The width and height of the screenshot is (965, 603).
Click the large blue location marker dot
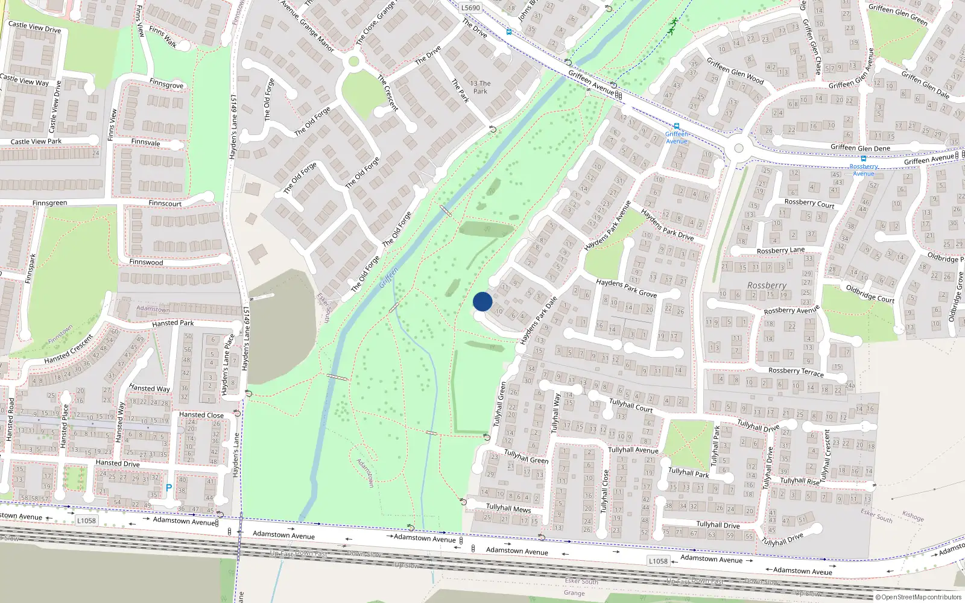pyautogui.click(x=482, y=301)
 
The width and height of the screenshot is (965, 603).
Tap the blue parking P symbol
pyautogui.click(x=169, y=487)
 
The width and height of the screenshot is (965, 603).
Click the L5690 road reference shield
pyautogui.click(x=470, y=8)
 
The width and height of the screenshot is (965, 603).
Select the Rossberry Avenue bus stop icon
pyautogui.click(x=864, y=159)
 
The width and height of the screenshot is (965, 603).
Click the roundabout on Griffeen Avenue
pyautogui.click(x=738, y=149)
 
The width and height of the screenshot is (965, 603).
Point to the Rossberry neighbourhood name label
pyautogui.click(x=767, y=285)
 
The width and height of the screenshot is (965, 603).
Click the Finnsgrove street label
pyautogui.click(x=166, y=84)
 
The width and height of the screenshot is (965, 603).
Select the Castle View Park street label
pyautogui.click(x=36, y=142)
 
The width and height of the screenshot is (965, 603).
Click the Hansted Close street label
pyautogui.click(x=201, y=415)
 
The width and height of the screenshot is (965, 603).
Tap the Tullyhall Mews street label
pyautogui.click(x=508, y=508)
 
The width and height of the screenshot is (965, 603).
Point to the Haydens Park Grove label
pyautogui.click(x=626, y=288)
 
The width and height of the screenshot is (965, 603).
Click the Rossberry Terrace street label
pyautogui.click(x=796, y=371)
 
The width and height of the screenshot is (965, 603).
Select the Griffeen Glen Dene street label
pyautogui.click(x=860, y=148)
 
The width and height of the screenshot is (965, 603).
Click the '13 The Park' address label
pyautogui.click(x=480, y=87)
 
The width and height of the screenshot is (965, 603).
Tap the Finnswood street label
pyautogui.click(x=146, y=262)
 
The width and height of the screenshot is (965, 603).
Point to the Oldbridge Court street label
pyautogui.click(x=870, y=294)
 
